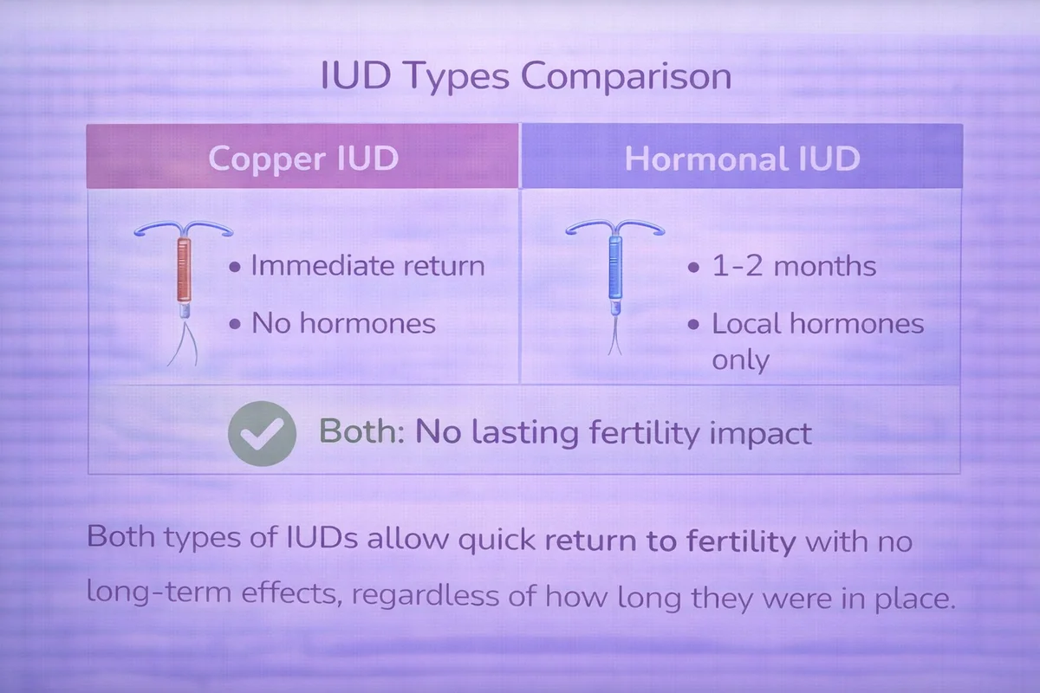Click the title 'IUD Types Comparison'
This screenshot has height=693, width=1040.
pos(526,75)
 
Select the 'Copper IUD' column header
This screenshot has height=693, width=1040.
pos(302,157)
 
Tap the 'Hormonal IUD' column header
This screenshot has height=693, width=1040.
pos(742,157)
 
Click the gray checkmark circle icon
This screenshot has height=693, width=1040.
pos(263,433)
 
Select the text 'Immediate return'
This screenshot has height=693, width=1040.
pos(367,266)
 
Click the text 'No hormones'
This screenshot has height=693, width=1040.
pos(343,323)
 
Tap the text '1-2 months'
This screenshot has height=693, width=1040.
pos(795,266)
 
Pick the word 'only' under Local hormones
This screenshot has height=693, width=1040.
pos(740,359)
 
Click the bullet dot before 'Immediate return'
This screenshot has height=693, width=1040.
pos(235,267)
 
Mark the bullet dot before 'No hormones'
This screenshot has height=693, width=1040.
pos(235,324)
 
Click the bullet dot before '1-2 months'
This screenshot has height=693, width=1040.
pos(693,268)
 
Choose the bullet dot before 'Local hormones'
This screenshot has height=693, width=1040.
pos(693,325)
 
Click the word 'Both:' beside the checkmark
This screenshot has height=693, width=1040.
pos(361,431)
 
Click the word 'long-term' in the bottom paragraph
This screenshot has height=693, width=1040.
pos(159,593)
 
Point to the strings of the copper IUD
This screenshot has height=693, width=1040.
pos(183,344)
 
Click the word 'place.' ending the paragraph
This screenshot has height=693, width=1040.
pos(915,599)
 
